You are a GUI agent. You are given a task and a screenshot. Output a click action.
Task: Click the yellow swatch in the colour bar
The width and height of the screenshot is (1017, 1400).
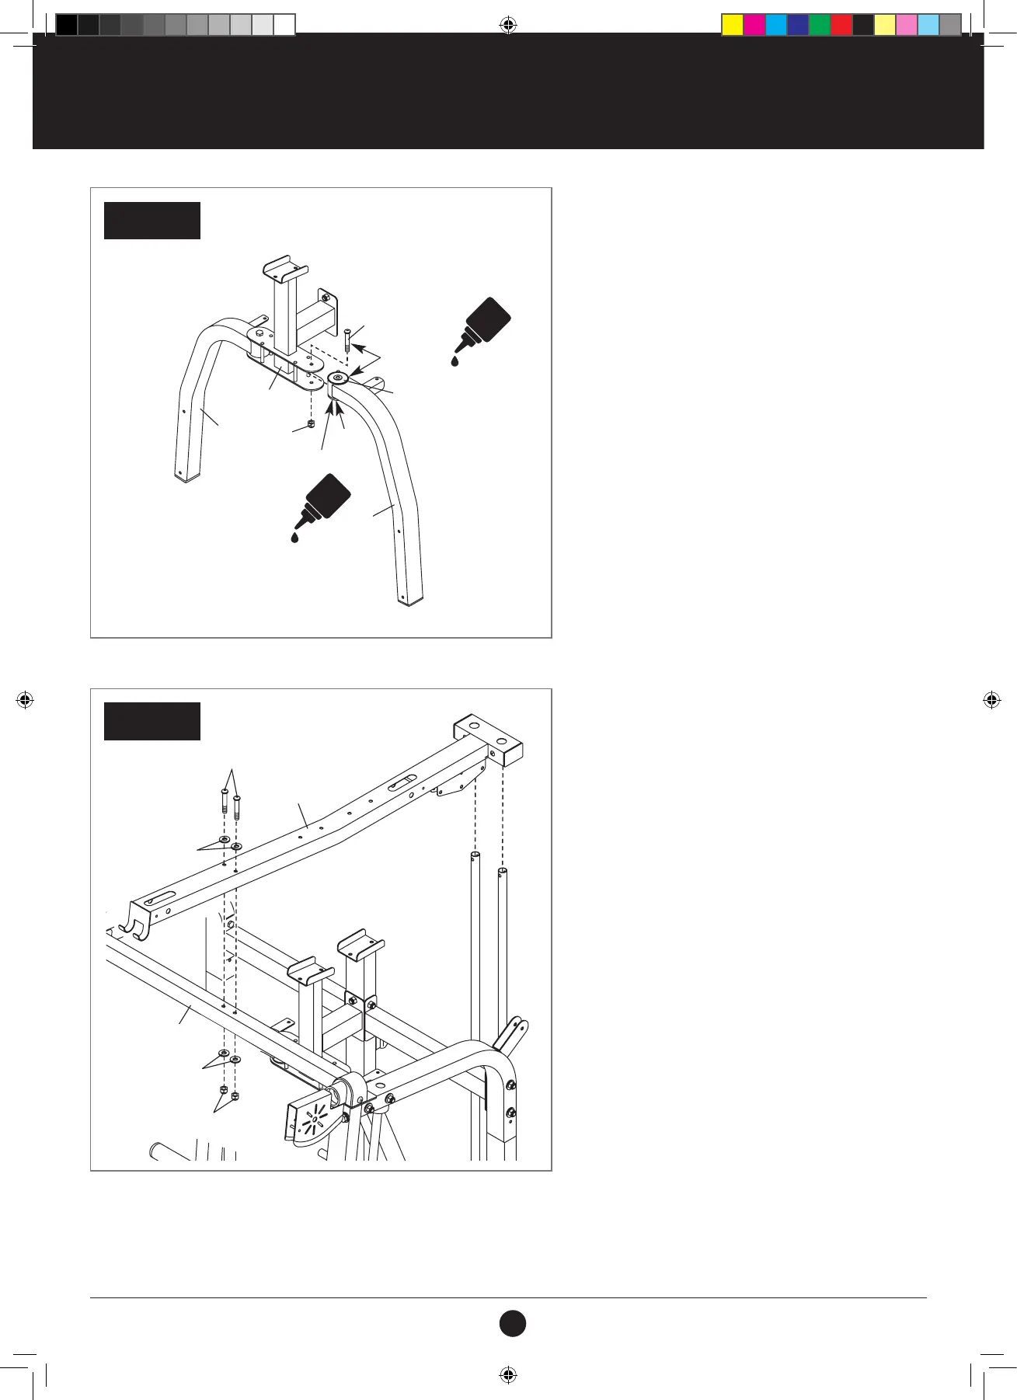[x=733, y=26]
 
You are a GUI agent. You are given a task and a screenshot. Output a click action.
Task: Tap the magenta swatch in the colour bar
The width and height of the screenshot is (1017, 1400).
[x=754, y=26]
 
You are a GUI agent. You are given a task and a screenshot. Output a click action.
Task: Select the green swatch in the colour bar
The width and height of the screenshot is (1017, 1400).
[x=820, y=26]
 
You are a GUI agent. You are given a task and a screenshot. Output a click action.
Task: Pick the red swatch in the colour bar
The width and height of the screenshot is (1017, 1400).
[x=841, y=26]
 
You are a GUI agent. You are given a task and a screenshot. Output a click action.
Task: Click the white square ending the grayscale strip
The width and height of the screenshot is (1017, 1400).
[x=284, y=26]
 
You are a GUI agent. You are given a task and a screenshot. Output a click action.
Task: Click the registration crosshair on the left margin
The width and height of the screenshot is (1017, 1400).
[x=25, y=700]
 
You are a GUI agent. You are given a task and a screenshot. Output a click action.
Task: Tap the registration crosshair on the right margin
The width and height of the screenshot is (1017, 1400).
[x=991, y=700]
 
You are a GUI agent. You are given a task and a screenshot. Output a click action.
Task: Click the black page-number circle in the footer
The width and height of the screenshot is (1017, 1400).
[x=512, y=1323]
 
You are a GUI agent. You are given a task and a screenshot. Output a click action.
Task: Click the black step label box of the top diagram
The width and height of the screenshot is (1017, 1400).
[x=152, y=221]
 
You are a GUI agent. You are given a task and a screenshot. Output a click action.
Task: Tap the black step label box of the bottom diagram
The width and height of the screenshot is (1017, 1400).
[x=152, y=721]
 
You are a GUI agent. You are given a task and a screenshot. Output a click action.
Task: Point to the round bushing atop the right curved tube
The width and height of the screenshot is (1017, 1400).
[x=338, y=379]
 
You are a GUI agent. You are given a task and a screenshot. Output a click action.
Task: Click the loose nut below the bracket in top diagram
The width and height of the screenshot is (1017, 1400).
[x=311, y=424]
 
